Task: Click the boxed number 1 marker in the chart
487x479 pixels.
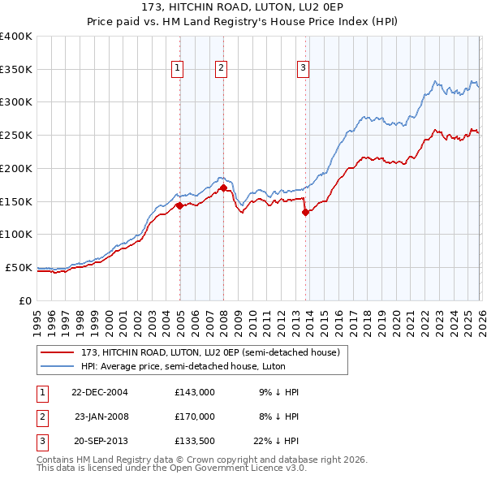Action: tap(177, 69)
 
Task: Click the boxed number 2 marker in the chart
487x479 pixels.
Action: tap(221, 69)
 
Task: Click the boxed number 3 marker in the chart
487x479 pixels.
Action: tap(302, 69)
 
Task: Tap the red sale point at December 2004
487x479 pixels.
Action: tap(179, 205)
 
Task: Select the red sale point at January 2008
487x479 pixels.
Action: tap(223, 188)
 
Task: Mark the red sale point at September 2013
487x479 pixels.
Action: tap(306, 212)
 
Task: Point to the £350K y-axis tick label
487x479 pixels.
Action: tap(15, 70)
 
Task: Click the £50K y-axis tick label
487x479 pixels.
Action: tap(19, 267)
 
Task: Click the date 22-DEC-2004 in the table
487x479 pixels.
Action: tap(100, 391)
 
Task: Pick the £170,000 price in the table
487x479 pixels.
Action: tap(195, 416)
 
